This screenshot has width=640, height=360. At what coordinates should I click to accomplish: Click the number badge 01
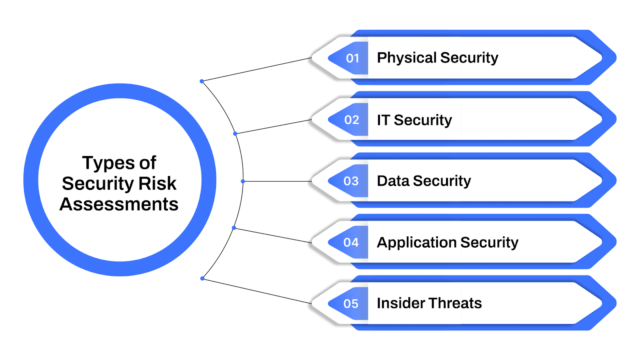click(x=352, y=58)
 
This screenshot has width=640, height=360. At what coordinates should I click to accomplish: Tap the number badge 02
click(x=352, y=120)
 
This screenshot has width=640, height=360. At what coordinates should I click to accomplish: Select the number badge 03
click(x=351, y=181)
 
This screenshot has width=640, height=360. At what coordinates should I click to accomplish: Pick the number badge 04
click(x=351, y=242)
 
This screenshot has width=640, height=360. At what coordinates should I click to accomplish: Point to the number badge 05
click(x=351, y=304)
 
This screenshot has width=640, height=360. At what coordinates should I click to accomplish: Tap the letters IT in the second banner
click(x=383, y=120)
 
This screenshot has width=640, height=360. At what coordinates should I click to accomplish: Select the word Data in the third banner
click(x=393, y=181)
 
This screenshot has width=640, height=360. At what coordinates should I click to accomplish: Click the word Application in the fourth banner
click(x=416, y=243)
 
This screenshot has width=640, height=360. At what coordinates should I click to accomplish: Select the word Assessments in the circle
click(x=119, y=204)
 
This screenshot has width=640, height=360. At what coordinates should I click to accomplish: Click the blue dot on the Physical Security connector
click(x=202, y=81)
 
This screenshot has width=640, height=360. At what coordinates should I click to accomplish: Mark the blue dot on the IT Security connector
click(x=235, y=134)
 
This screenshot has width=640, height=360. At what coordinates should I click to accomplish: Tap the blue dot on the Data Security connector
click(x=243, y=181)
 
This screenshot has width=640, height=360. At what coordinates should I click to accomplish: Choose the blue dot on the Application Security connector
click(x=234, y=228)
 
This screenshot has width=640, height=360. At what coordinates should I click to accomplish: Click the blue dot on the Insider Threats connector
click(x=202, y=278)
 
